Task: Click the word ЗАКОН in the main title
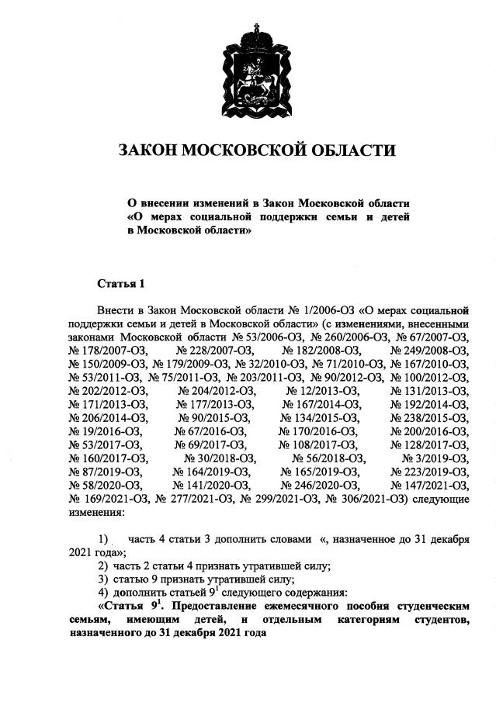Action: [x=147, y=150]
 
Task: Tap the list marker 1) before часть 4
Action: [x=103, y=538]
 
